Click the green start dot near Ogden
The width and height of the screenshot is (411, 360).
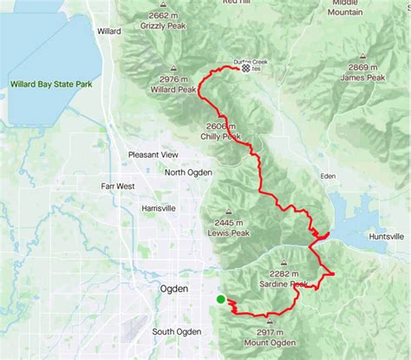pos(221,299)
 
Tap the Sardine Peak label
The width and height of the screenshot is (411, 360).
pos(286,285)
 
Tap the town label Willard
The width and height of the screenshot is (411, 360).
pos(109,30)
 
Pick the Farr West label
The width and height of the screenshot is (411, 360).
pos(117,186)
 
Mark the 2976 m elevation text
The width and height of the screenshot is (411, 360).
pos(174,78)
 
